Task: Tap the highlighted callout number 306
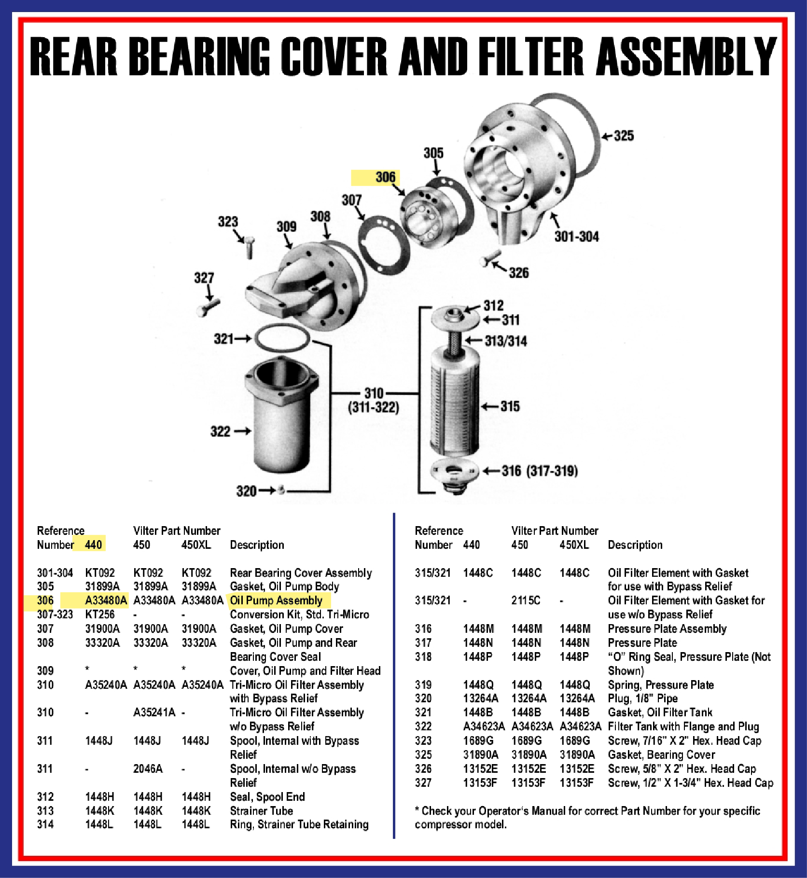click(x=385, y=177)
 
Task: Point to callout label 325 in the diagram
click(x=624, y=136)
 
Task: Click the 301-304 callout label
click(x=576, y=237)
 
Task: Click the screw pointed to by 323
click(x=250, y=247)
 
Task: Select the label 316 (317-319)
click(x=540, y=471)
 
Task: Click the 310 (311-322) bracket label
click(x=374, y=400)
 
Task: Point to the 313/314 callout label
click(x=506, y=341)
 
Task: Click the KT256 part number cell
click(x=100, y=614)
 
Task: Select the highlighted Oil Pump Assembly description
click(x=276, y=600)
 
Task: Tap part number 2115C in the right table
click(x=526, y=600)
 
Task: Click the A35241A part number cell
click(x=154, y=712)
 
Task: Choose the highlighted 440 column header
click(x=93, y=545)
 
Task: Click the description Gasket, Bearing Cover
click(x=661, y=754)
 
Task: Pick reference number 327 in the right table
click(x=423, y=782)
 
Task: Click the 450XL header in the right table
click(x=574, y=545)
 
